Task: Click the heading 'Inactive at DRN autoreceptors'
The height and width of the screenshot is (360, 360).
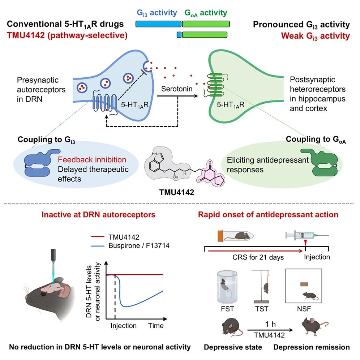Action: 99,214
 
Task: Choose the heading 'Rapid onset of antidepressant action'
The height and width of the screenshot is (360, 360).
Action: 268,214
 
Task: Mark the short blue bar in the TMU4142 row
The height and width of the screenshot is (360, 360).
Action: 179,35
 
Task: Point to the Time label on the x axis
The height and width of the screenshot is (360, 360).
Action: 156,326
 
